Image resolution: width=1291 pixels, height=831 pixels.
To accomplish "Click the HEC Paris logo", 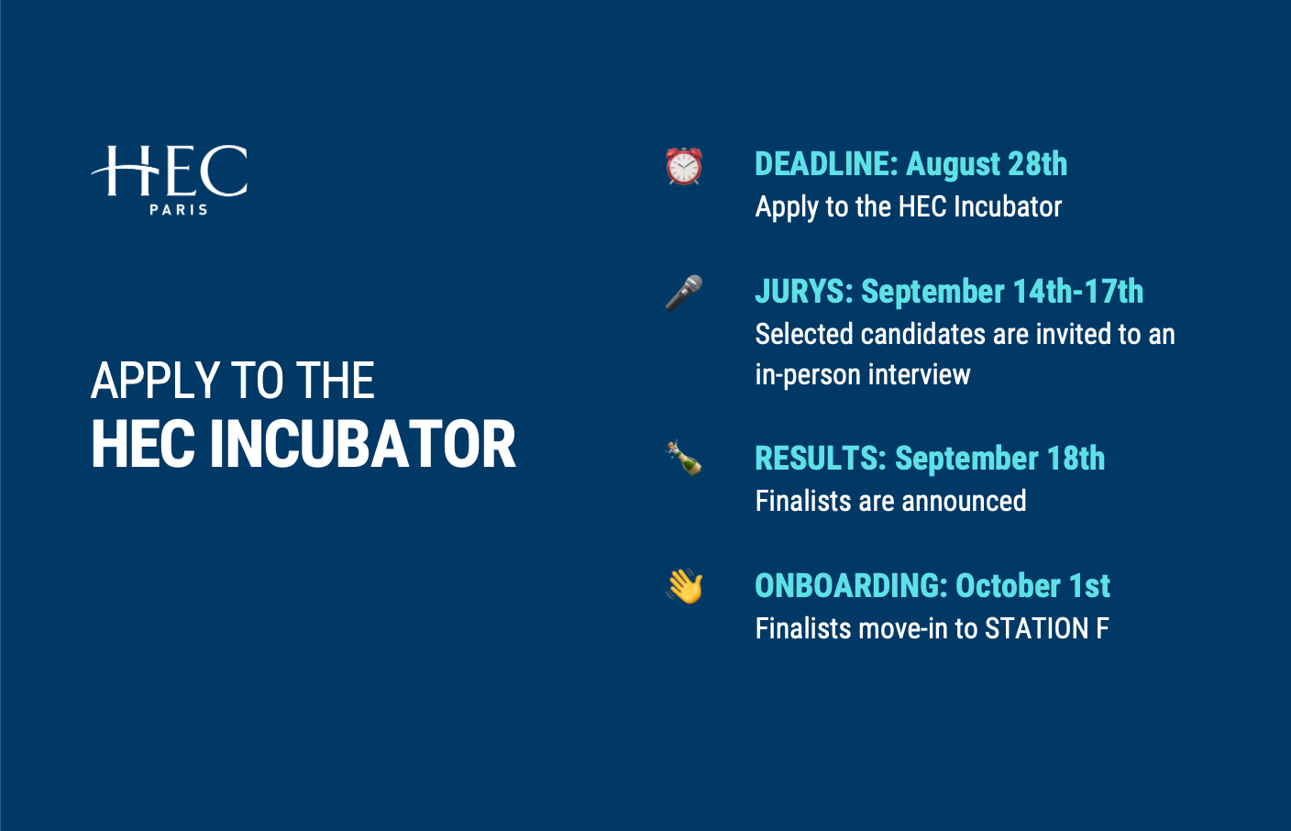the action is tap(170, 180).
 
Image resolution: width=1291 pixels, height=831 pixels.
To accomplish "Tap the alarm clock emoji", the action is tap(684, 166).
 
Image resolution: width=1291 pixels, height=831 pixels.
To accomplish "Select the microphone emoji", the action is tap(684, 293).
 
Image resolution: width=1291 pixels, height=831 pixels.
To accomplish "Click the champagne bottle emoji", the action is tap(684, 459).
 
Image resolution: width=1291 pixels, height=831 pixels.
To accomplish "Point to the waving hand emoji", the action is tap(684, 586).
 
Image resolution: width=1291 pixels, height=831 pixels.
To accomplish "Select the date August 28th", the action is tap(987, 165).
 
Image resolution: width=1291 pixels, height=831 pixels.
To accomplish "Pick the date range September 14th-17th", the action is tap(1002, 292).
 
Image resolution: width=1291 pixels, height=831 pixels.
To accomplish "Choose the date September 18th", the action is tap(1000, 459).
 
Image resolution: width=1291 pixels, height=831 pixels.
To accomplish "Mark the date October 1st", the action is tap(1032, 586).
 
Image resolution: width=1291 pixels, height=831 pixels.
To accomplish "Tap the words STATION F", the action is tap(1046, 628).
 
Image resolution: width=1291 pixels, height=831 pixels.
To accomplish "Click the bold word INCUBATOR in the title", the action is tap(362, 445).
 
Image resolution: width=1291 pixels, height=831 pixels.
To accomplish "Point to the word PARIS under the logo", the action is tap(178, 209).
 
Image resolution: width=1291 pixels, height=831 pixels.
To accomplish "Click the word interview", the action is tap(920, 375).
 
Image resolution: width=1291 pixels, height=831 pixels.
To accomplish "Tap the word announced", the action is tap(964, 501).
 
